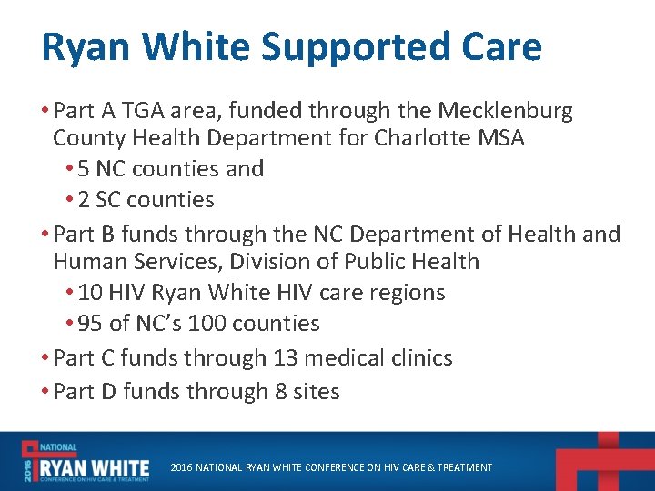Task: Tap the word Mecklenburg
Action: (x=506, y=112)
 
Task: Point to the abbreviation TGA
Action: (x=139, y=112)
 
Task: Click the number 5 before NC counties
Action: (x=84, y=169)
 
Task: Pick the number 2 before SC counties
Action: (x=84, y=200)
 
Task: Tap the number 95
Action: (x=90, y=324)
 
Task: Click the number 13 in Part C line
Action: (x=284, y=358)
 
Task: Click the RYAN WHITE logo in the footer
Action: (x=86, y=461)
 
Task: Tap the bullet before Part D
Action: (x=46, y=392)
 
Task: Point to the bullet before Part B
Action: (x=46, y=235)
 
